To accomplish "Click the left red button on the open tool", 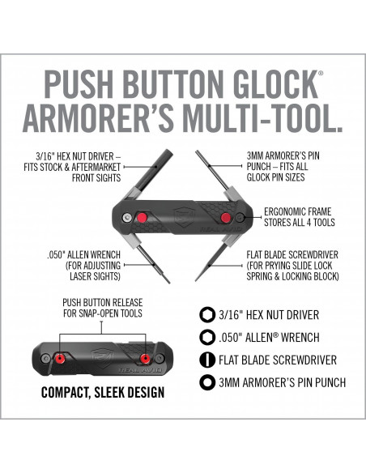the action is tap(142, 217).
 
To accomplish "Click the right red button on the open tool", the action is tap(225, 217).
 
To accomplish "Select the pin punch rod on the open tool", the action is tap(212, 169).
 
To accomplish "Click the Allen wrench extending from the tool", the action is tap(154, 264).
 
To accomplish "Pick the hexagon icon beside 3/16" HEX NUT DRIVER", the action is tap(207, 314).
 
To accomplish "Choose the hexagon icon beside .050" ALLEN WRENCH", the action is tap(207, 337).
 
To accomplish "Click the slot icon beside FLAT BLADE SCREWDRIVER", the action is tap(207, 360).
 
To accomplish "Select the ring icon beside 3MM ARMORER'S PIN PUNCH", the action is tap(207, 382).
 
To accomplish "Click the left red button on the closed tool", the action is tap(60, 358).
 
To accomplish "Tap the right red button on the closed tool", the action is tap(145, 358).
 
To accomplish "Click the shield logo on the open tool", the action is tap(184, 217).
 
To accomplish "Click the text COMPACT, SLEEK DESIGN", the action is tap(103, 393).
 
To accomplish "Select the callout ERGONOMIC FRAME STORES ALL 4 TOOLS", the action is tap(300, 217).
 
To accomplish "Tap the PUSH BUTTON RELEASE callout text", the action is tap(103, 308).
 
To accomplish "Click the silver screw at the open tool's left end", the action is tap(127, 217).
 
